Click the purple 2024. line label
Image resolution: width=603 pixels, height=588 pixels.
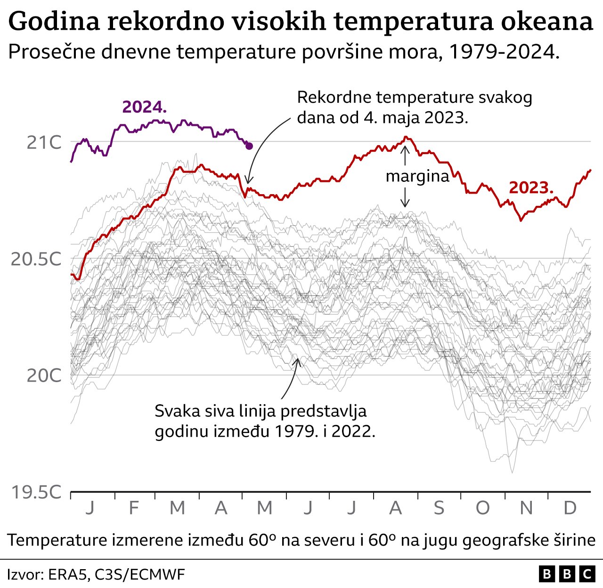pyautogui.click(x=144, y=107)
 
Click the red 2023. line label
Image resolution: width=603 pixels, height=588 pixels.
pyautogui.click(x=531, y=188)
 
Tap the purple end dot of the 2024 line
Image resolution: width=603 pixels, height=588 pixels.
pyautogui.click(x=249, y=146)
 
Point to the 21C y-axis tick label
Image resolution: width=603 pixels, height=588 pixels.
pyautogui.click(x=44, y=142)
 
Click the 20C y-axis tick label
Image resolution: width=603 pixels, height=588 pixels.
pyautogui.click(x=44, y=376)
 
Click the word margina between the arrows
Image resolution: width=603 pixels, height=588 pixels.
pyautogui.click(x=417, y=176)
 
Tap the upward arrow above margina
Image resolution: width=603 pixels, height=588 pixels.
pyautogui.click(x=404, y=155)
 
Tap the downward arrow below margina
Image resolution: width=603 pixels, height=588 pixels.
pyautogui.click(x=404, y=198)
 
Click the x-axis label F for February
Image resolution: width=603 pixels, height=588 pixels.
pyautogui.click(x=134, y=508)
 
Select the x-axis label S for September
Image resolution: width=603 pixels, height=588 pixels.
pyautogui.click(x=439, y=508)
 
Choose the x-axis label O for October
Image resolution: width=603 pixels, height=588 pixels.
pyautogui.click(x=482, y=508)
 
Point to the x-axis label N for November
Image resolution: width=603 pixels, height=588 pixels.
pyautogui.click(x=526, y=508)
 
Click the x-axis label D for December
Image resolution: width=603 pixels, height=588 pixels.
pyautogui.click(x=570, y=508)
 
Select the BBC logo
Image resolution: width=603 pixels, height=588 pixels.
pyautogui.click(x=567, y=574)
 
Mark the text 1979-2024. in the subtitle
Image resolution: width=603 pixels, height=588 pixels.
pyautogui.click(x=504, y=52)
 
